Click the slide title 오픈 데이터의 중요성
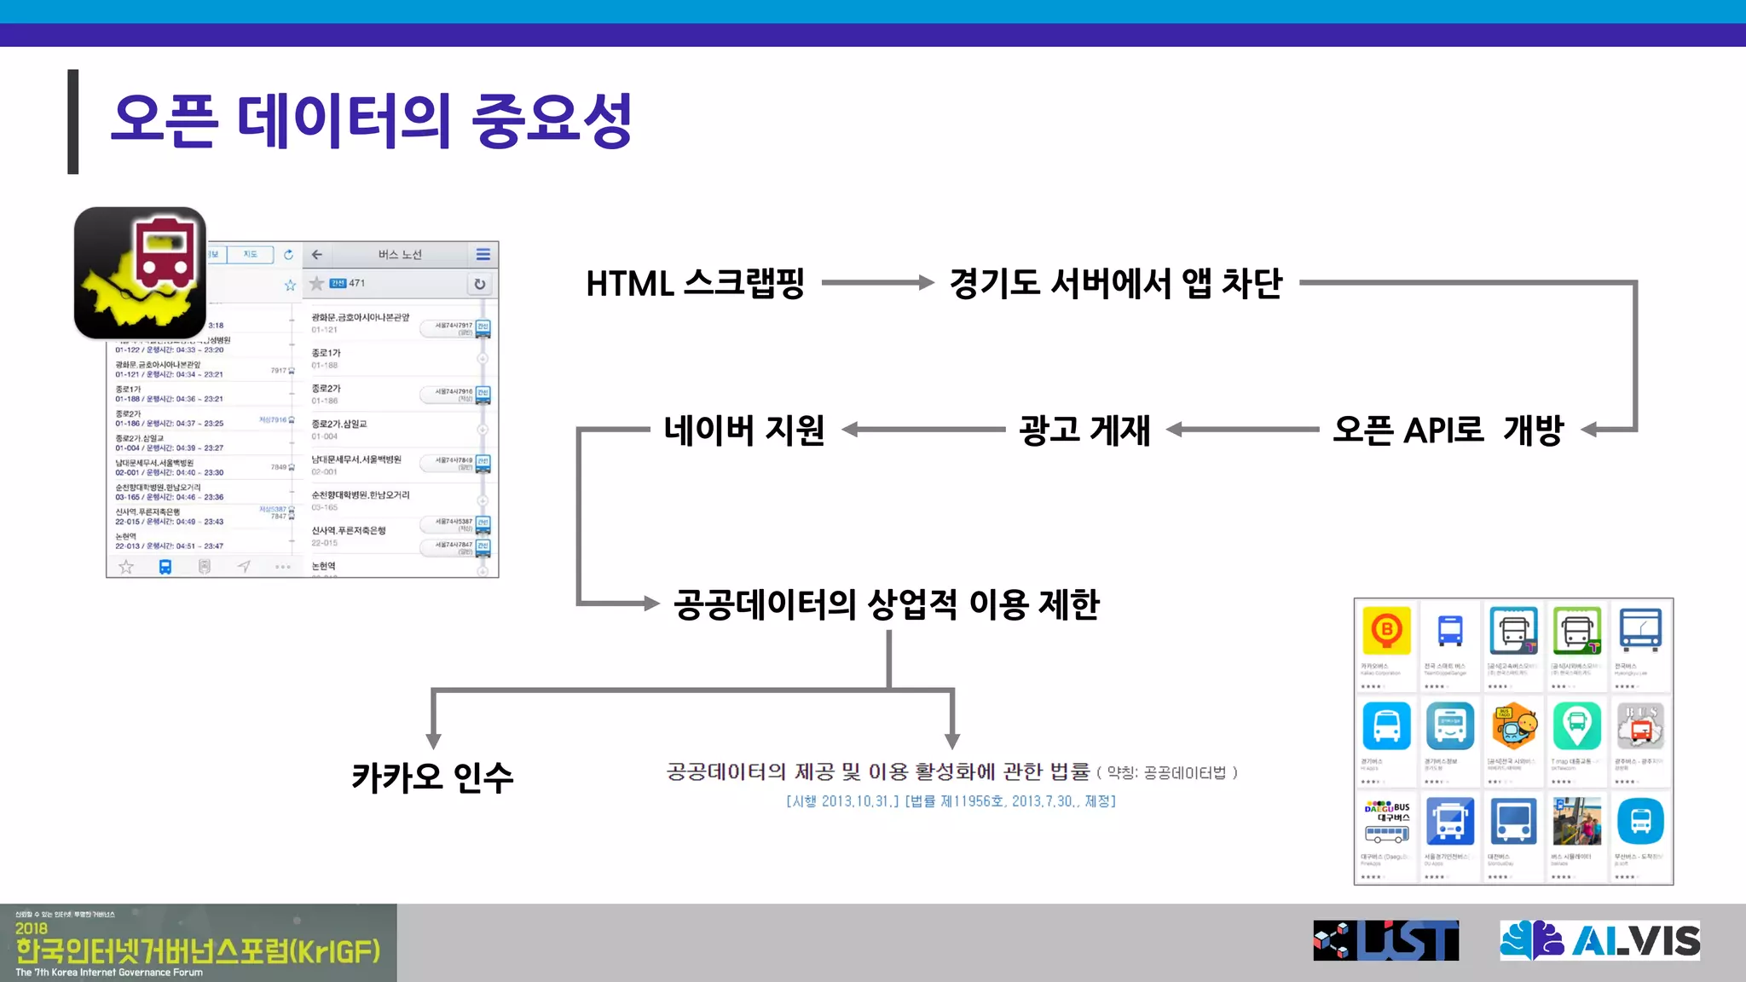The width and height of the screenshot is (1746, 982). [372, 120]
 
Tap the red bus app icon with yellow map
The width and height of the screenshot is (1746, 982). [140, 273]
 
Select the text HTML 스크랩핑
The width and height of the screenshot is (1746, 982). [695, 283]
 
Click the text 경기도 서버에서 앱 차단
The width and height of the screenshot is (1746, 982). [1115, 283]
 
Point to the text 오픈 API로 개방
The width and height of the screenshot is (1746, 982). [1448, 430]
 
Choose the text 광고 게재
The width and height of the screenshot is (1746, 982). [1084, 430]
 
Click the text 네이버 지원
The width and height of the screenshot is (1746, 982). [743, 430]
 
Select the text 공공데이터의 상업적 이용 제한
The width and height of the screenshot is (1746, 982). [887, 604]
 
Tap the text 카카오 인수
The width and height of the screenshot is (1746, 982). [432, 777]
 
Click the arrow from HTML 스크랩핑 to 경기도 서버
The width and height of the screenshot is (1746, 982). [878, 283]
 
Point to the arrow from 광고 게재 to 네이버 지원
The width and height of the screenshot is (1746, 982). [925, 430]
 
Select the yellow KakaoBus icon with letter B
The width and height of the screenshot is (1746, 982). [1386, 631]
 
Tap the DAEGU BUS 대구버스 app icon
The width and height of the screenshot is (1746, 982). [1386, 821]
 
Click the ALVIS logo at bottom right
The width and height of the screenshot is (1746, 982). [1599, 940]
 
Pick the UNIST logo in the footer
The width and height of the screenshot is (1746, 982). [1385, 940]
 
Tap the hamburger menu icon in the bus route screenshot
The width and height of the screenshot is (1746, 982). [483, 254]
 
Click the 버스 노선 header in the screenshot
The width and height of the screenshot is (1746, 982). [400, 254]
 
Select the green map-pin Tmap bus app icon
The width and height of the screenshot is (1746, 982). [1577, 725]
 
